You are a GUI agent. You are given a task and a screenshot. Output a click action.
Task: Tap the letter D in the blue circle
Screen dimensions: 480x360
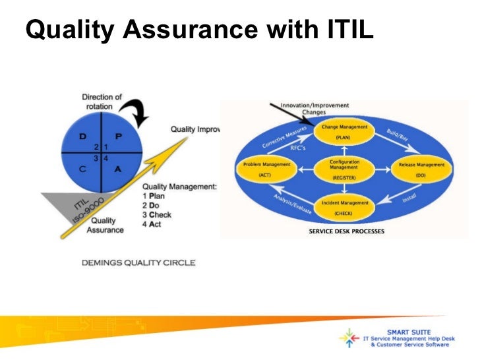83,136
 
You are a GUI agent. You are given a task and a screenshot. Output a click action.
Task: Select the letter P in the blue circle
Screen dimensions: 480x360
119,136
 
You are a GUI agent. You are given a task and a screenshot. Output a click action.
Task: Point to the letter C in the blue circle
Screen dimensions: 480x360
83,169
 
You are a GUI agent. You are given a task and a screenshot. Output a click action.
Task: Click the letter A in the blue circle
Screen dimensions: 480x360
119,169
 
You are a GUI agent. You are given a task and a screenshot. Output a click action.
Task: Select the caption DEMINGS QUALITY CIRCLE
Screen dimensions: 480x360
138,262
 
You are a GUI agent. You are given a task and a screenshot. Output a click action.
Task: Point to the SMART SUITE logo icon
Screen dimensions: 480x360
347,338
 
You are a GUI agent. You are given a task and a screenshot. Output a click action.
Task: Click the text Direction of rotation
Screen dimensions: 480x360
98,102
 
